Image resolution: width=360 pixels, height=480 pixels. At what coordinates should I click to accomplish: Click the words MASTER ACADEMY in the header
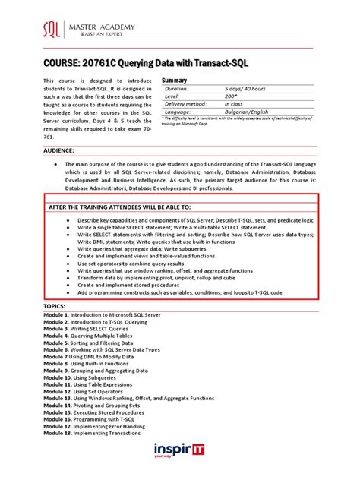(103, 27)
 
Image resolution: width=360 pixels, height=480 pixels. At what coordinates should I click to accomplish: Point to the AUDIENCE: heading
(64, 150)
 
